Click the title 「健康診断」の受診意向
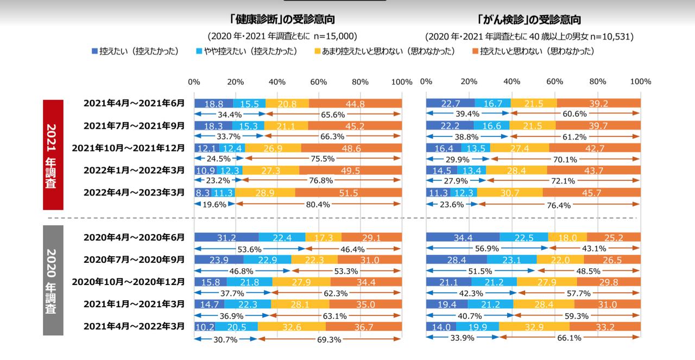[282, 20]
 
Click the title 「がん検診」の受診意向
[529, 20]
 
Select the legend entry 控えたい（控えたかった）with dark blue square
[135, 51]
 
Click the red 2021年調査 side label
[54, 155]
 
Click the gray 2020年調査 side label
[54, 281]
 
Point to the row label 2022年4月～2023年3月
[134, 192]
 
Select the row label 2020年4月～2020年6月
[134, 237]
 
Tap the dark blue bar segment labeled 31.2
[226, 237]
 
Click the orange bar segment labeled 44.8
[355, 103]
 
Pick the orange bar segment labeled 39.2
[598, 103]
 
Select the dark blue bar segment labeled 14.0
[441, 326]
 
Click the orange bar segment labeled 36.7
[364, 326]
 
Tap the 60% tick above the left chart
[319, 82]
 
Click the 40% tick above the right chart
[511, 81]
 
